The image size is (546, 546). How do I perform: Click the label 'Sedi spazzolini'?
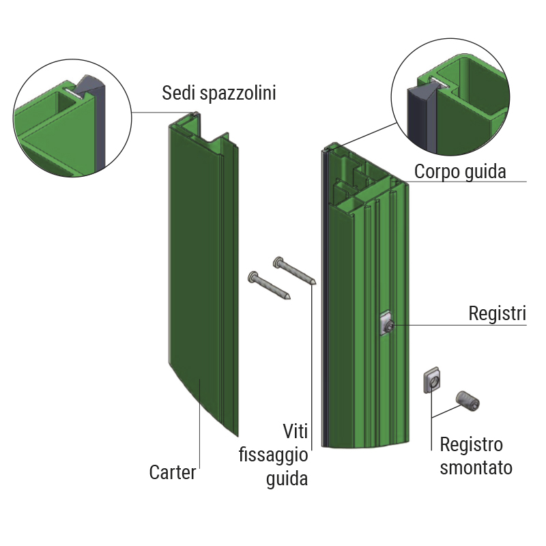click(218, 93)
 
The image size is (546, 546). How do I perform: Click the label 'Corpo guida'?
click(460, 171)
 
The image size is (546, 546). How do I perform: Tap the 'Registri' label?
click(497, 315)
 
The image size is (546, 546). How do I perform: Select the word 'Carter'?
click(173, 472)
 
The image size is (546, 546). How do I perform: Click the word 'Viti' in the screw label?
click(296, 431)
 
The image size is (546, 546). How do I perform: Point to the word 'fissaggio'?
click(273, 455)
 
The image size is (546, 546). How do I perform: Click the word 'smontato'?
click(476, 468)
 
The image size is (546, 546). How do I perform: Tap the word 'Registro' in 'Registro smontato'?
click(471, 445)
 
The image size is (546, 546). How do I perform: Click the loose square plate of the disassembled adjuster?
click(432, 381)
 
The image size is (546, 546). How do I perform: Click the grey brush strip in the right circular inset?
click(418, 116)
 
